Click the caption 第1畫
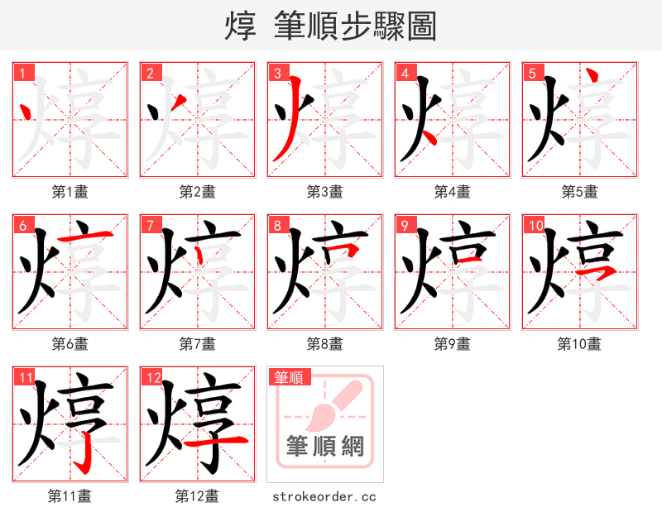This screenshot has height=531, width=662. click(70, 192)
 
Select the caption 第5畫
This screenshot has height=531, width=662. click(579, 192)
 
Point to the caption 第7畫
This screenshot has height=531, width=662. click(198, 343)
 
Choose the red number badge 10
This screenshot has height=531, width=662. click(535, 225)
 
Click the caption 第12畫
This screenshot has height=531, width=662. click(198, 496)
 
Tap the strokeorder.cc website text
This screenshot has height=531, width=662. click(324, 496)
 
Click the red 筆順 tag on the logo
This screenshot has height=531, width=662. click(289, 377)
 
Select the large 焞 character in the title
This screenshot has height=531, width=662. click(239, 26)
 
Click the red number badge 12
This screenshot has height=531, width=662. click(151, 377)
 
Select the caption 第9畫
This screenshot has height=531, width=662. click(452, 343)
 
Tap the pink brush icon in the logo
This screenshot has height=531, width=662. click(335, 405)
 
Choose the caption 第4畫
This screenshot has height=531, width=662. click(452, 192)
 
